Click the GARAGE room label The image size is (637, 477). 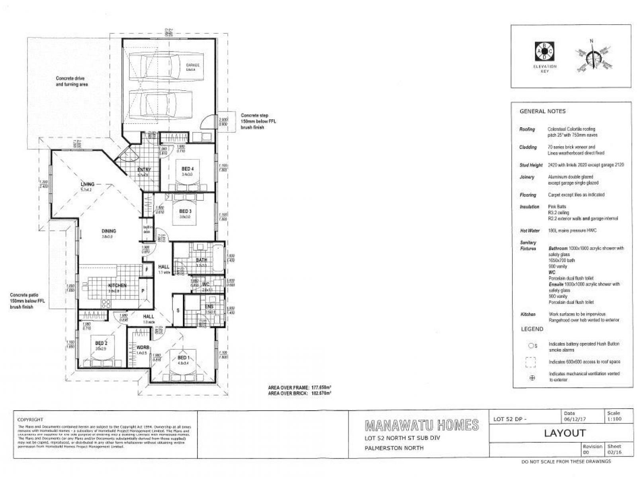point(193,65)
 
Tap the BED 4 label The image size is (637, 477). point(187,169)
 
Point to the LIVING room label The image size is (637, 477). point(88,184)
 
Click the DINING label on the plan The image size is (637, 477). point(109,231)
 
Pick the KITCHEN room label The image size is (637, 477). point(117,285)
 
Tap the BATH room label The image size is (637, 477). point(201,260)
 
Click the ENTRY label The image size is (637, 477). point(144,170)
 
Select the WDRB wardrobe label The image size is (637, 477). point(143,347)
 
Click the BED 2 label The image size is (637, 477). point(101,343)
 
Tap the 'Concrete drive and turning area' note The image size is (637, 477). point(72,81)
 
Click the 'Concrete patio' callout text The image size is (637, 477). point(27,301)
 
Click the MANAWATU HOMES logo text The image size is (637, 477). point(422,425)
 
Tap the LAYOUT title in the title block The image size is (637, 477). point(565,433)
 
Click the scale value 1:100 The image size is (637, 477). point(614,419)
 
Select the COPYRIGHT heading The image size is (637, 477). point(30,419)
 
